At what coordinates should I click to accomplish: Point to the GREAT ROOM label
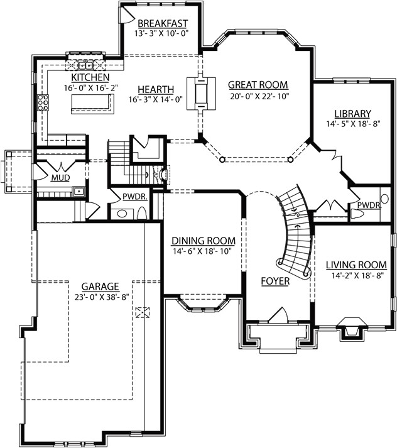pyautogui.click(x=258, y=84)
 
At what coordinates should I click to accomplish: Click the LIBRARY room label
pyautogui.click(x=352, y=113)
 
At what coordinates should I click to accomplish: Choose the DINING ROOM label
pyautogui.click(x=203, y=240)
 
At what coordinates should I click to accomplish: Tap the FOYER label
pyautogui.click(x=275, y=281)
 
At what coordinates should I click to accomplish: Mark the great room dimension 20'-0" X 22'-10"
pyautogui.click(x=258, y=96)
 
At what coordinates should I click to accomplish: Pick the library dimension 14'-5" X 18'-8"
pyautogui.click(x=352, y=124)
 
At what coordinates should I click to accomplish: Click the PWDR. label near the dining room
pyautogui.click(x=134, y=197)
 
